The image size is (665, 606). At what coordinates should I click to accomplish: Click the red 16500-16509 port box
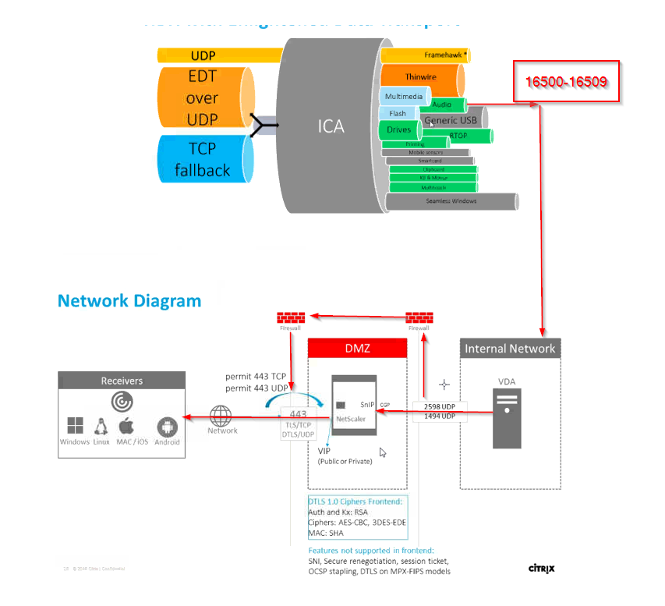tap(566, 81)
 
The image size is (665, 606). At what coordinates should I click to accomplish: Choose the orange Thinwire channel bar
tap(420, 77)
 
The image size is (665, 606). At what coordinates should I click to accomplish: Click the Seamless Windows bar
tap(451, 201)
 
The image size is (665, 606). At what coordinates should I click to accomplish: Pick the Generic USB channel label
tap(451, 120)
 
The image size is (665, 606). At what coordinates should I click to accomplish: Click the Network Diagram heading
tap(129, 301)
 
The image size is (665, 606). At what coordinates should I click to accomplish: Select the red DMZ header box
tap(358, 348)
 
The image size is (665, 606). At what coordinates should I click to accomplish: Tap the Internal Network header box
tap(510, 348)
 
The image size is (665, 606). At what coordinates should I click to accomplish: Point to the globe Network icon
tap(221, 415)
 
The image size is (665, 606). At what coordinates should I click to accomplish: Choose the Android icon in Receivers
tap(167, 427)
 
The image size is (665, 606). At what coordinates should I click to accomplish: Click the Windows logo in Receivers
tap(75, 426)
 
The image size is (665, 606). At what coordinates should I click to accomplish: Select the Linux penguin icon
tap(101, 426)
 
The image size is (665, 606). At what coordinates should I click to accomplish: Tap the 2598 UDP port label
tap(439, 407)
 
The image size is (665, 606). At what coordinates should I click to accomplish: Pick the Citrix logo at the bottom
tap(542, 568)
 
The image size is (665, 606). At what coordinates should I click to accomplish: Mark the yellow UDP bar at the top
tap(220, 55)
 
